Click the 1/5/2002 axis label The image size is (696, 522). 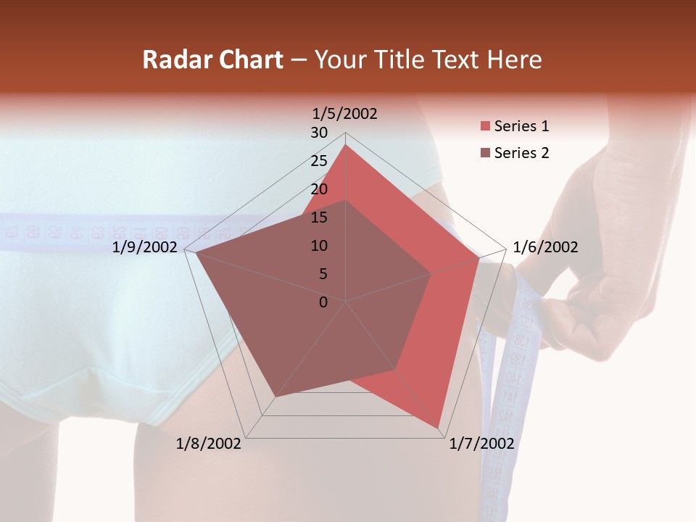(345, 113)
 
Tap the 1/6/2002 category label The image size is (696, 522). (545, 247)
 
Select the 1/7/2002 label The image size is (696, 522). (481, 444)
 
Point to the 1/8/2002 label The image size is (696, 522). (209, 444)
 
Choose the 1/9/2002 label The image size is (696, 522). (145, 247)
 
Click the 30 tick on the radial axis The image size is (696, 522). (319, 133)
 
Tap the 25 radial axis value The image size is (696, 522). (319, 161)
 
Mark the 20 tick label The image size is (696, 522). (319, 189)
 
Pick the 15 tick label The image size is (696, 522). (319, 217)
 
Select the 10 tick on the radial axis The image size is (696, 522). (319, 246)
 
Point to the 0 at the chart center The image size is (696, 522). (323, 302)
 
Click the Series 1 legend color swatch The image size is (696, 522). (485, 127)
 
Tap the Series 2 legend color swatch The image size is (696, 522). (485, 153)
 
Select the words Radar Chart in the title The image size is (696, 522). (212, 59)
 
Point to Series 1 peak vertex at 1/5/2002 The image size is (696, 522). (346, 145)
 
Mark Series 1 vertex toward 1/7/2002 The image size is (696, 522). (438, 428)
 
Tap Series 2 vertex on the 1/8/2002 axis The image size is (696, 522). (275, 397)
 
